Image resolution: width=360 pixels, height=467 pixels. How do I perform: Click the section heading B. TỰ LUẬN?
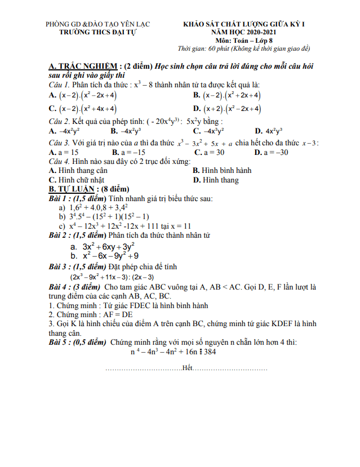[74, 189]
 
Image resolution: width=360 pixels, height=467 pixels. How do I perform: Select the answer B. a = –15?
[128, 152]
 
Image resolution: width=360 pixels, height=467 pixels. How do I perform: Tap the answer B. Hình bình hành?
[222, 170]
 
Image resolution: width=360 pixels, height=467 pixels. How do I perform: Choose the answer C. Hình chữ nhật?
[76, 180]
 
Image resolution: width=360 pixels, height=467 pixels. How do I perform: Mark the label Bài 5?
[59, 342]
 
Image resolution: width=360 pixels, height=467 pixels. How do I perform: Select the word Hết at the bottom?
[187, 368]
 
